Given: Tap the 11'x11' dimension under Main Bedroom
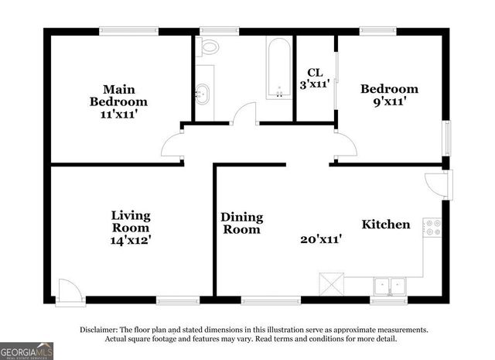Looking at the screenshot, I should tap(118, 114).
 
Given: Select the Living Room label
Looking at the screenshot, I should tap(130, 221).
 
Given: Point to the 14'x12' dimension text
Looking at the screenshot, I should tap(130, 240).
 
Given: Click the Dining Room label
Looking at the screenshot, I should tap(242, 223).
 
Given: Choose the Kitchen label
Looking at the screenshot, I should tap(386, 225).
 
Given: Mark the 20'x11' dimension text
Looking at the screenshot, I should tap(320, 240).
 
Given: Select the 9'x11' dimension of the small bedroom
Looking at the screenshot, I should tap(389, 101).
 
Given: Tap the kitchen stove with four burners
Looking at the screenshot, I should tap(432, 227).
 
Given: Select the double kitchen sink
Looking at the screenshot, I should tap(391, 286).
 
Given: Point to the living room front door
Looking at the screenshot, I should tap(70, 290).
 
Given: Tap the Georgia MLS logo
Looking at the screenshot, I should tap(27, 351).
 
